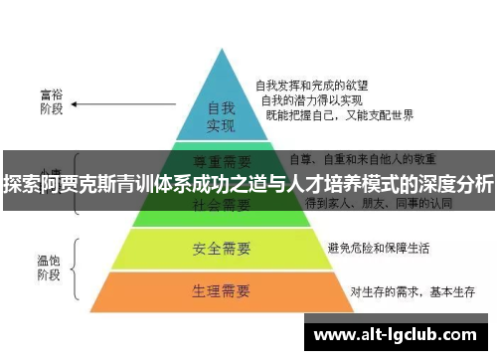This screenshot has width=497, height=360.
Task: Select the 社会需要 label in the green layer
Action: click(x=221, y=206)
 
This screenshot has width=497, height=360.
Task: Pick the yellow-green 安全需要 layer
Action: click(x=221, y=247)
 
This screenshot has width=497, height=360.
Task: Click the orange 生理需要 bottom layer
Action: click(x=221, y=291)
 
